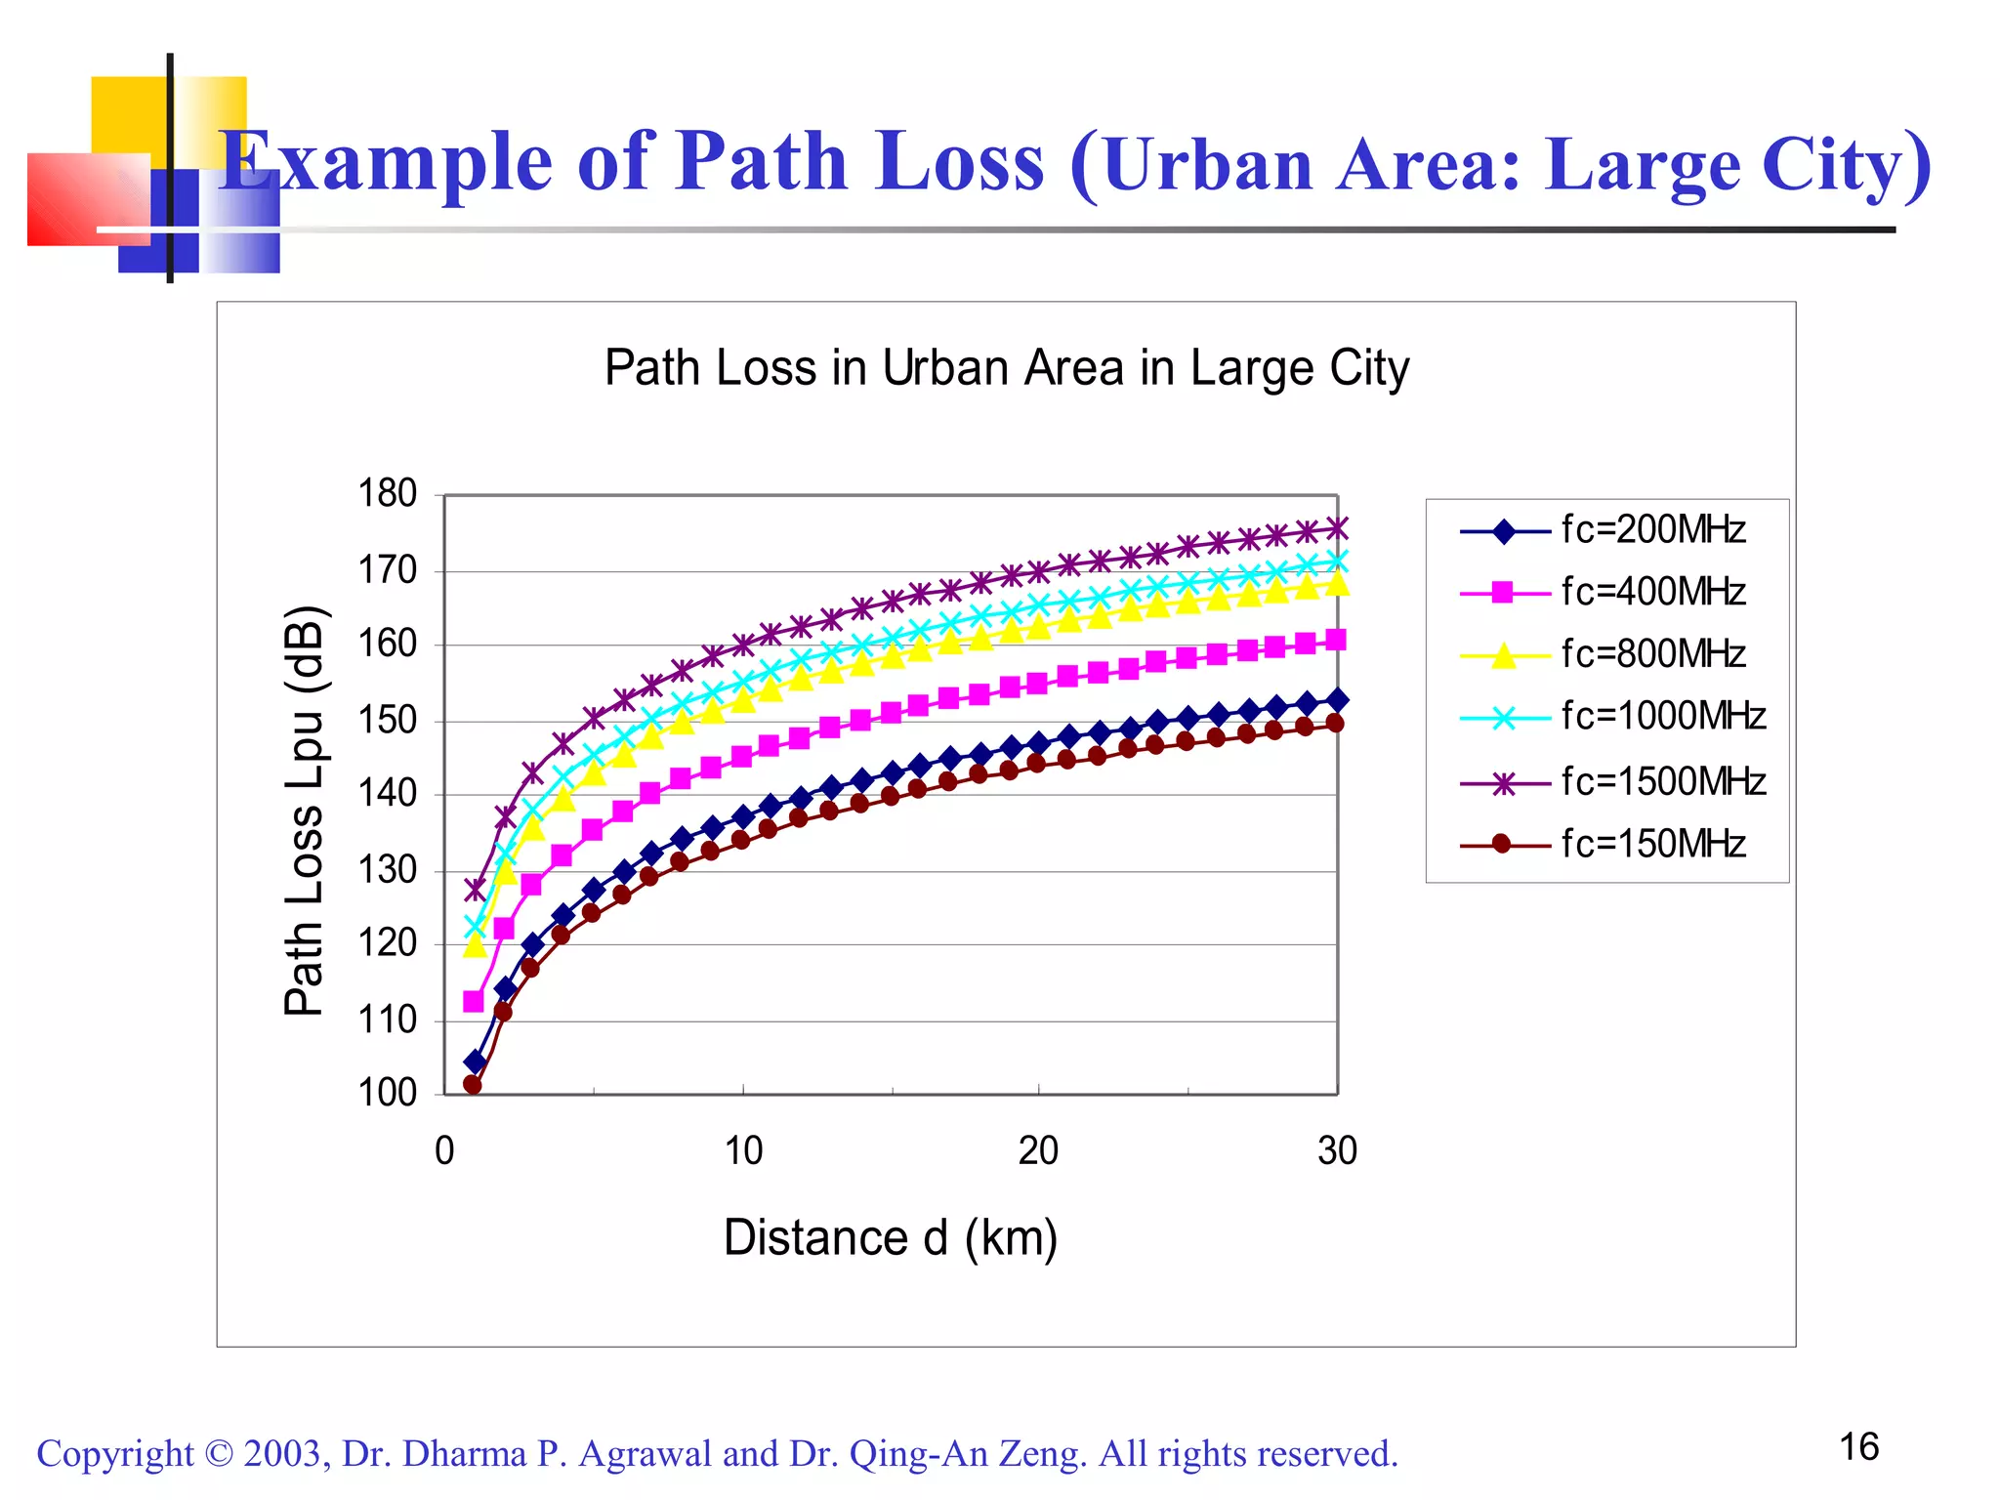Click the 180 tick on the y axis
click(388, 494)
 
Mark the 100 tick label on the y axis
click(388, 1093)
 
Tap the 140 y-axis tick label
click(388, 794)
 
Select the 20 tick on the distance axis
click(1038, 1151)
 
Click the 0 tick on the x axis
click(444, 1151)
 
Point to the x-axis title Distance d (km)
click(891, 1238)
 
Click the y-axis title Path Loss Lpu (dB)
click(305, 811)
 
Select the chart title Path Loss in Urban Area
click(1007, 369)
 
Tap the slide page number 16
click(1859, 1447)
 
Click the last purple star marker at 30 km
click(1337, 528)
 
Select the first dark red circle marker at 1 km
click(473, 1084)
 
